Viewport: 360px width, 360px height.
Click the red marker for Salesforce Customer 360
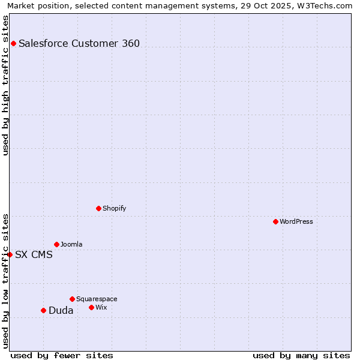(13, 43)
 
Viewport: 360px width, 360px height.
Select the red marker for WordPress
(275, 221)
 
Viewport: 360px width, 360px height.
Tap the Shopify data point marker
(98, 208)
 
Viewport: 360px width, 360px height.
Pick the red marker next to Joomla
(56, 244)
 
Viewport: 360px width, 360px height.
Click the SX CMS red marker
(10, 254)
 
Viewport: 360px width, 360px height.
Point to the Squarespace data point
(72, 299)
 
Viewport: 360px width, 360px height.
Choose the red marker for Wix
(91, 307)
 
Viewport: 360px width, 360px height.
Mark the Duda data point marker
(43, 310)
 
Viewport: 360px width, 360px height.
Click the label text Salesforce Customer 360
(79, 43)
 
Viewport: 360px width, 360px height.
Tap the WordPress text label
(296, 221)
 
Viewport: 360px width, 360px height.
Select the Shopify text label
(114, 208)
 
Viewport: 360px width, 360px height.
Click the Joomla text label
(71, 244)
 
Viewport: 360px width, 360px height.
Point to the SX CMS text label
(34, 254)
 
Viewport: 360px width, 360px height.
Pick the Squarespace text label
(97, 299)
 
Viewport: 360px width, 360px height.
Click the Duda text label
(61, 310)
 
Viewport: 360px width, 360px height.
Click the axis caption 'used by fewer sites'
(62, 355)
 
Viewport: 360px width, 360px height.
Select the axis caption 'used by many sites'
(301, 355)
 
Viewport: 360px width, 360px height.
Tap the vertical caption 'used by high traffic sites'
(5, 85)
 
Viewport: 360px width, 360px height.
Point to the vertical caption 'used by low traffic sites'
(5, 281)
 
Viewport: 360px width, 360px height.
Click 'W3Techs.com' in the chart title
(324, 5)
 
